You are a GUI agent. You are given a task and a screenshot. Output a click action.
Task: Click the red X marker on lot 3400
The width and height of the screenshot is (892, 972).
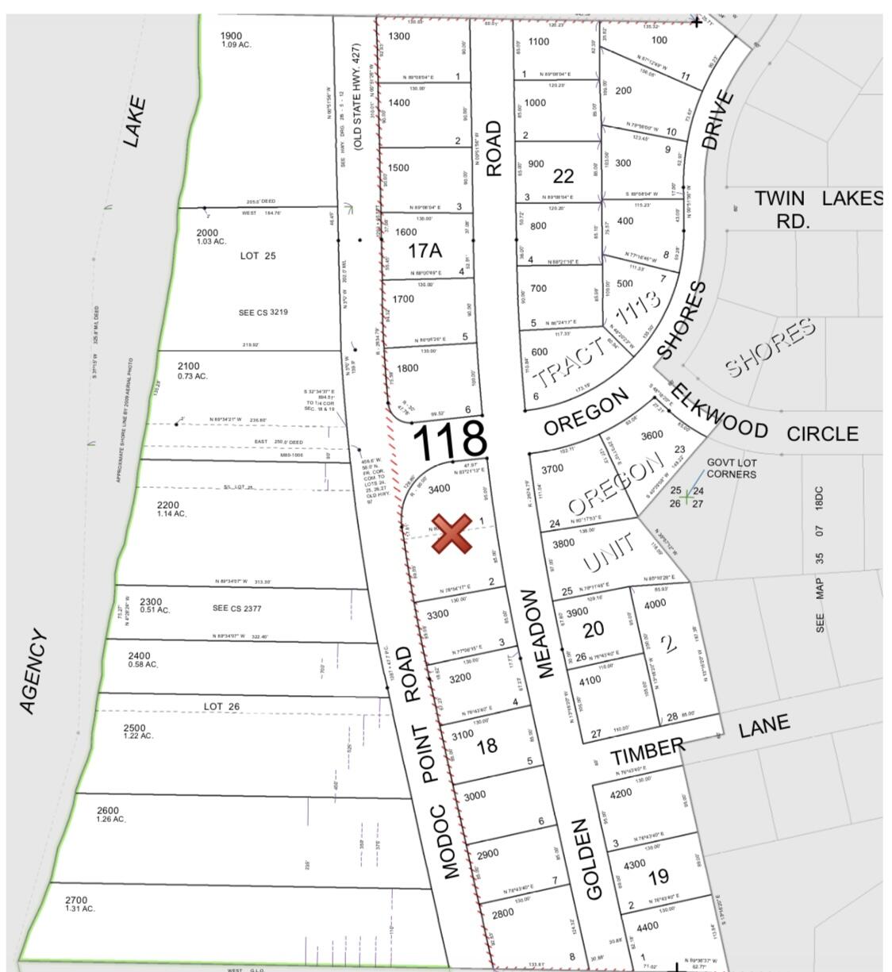coord(451,532)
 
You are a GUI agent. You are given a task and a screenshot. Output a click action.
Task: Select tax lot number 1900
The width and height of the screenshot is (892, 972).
coord(231,36)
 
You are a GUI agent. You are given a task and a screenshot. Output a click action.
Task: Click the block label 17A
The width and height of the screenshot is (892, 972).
coord(424,252)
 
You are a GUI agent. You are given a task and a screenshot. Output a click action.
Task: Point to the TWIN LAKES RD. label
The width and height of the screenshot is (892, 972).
coord(817,209)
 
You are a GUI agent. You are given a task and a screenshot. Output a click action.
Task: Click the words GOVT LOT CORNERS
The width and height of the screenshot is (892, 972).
coord(732,468)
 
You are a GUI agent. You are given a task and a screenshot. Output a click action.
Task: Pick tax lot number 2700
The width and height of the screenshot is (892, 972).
coord(76,899)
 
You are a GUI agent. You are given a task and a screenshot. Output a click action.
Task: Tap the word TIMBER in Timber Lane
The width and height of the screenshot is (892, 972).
coord(648,751)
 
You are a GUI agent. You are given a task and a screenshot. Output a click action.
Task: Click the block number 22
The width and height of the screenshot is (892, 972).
coord(563,175)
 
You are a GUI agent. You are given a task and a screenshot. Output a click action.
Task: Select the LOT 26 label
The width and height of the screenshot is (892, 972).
coord(221,706)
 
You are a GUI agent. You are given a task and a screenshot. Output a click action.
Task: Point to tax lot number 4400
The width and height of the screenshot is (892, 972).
coord(648,926)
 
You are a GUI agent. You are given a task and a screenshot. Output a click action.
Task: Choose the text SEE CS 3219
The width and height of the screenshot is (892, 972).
coord(263,312)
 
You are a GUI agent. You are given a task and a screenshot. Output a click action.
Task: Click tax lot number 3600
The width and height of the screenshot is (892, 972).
coord(652,435)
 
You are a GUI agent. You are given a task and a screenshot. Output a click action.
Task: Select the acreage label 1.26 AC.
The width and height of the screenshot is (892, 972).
coord(112,819)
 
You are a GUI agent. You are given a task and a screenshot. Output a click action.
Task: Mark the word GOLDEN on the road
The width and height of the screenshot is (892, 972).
coord(600,860)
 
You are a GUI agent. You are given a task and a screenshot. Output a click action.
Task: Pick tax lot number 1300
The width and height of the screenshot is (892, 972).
coord(399,36)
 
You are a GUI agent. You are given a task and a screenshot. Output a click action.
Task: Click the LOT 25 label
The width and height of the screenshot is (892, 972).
coord(258,255)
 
